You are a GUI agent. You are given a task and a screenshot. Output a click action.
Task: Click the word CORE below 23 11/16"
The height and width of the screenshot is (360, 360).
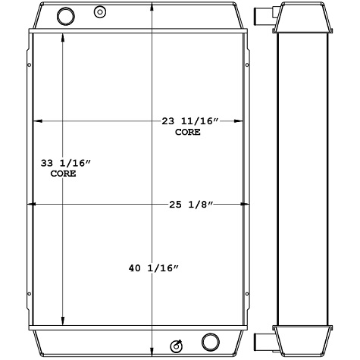[x=188, y=132]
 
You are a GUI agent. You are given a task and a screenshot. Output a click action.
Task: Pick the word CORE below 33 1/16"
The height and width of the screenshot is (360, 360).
[x=64, y=174]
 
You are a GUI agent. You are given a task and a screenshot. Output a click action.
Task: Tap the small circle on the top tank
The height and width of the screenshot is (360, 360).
[x=99, y=11]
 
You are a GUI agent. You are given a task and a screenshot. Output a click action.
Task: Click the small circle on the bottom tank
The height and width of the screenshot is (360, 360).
[x=178, y=345]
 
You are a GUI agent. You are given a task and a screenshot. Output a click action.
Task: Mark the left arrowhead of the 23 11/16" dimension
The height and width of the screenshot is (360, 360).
[x=36, y=121]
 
